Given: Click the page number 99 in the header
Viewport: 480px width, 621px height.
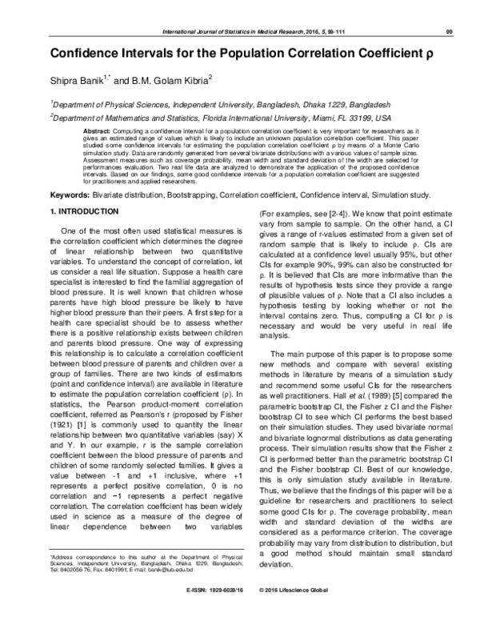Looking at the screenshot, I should point(450,32).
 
